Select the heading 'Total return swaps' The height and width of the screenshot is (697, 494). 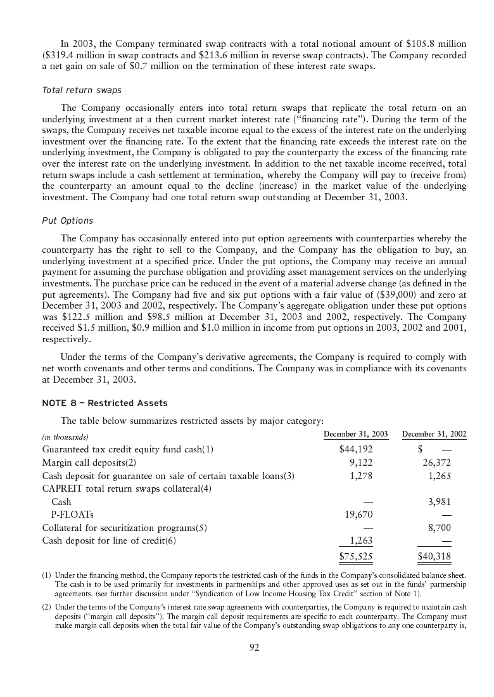coord(82,91)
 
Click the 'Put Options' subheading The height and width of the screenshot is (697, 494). coord(67,221)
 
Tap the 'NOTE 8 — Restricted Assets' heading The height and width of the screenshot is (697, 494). coord(104,403)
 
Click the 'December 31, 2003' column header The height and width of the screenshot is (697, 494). coord(355,434)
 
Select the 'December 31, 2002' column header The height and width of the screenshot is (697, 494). coord(434,434)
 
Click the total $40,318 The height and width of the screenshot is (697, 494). coord(434,557)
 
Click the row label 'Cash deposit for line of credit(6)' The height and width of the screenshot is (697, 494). coord(109,541)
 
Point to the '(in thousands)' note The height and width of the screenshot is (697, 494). coord(65,437)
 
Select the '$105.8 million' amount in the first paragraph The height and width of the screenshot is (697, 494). coord(435,43)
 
